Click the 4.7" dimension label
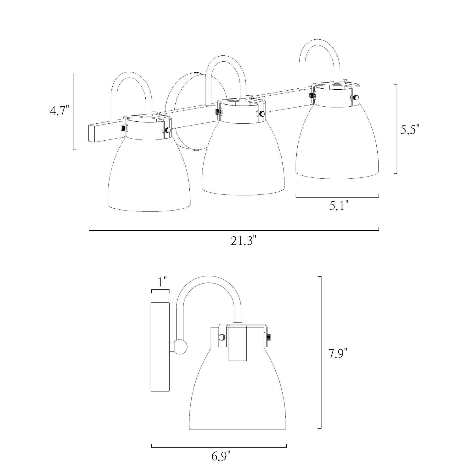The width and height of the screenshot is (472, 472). coord(59,111)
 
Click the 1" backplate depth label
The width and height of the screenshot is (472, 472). coord(162,282)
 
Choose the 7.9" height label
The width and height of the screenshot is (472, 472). coord(338,353)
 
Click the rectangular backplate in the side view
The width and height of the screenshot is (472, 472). coord(160,346)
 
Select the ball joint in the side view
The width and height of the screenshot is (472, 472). coord(181,347)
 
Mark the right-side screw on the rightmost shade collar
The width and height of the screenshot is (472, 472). coord(356,97)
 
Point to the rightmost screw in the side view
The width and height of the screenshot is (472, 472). coord(270,337)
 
